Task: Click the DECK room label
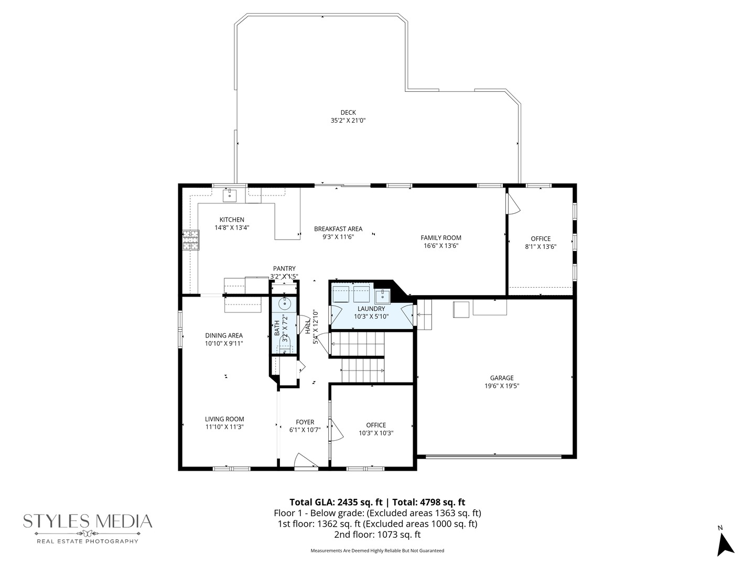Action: pos(348,112)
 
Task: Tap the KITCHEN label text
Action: pos(232,220)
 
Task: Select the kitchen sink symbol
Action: pos(230,195)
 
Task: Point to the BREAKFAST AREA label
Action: pos(338,229)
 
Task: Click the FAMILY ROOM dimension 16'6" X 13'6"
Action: pos(441,246)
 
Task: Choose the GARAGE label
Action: pos(502,378)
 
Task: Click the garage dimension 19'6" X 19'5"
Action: pos(502,386)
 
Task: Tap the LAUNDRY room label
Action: pos(371,309)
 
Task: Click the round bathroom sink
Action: pos(285,304)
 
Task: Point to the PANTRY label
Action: pos(285,269)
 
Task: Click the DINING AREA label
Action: pos(224,336)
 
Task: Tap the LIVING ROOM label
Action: pos(224,419)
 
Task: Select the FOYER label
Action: pos(305,422)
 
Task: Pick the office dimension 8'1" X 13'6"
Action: pos(541,247)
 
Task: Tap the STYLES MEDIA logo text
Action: pos(88,521)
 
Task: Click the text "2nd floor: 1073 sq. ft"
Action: pos(377,535)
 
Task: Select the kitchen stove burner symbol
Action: pos(191,240)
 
